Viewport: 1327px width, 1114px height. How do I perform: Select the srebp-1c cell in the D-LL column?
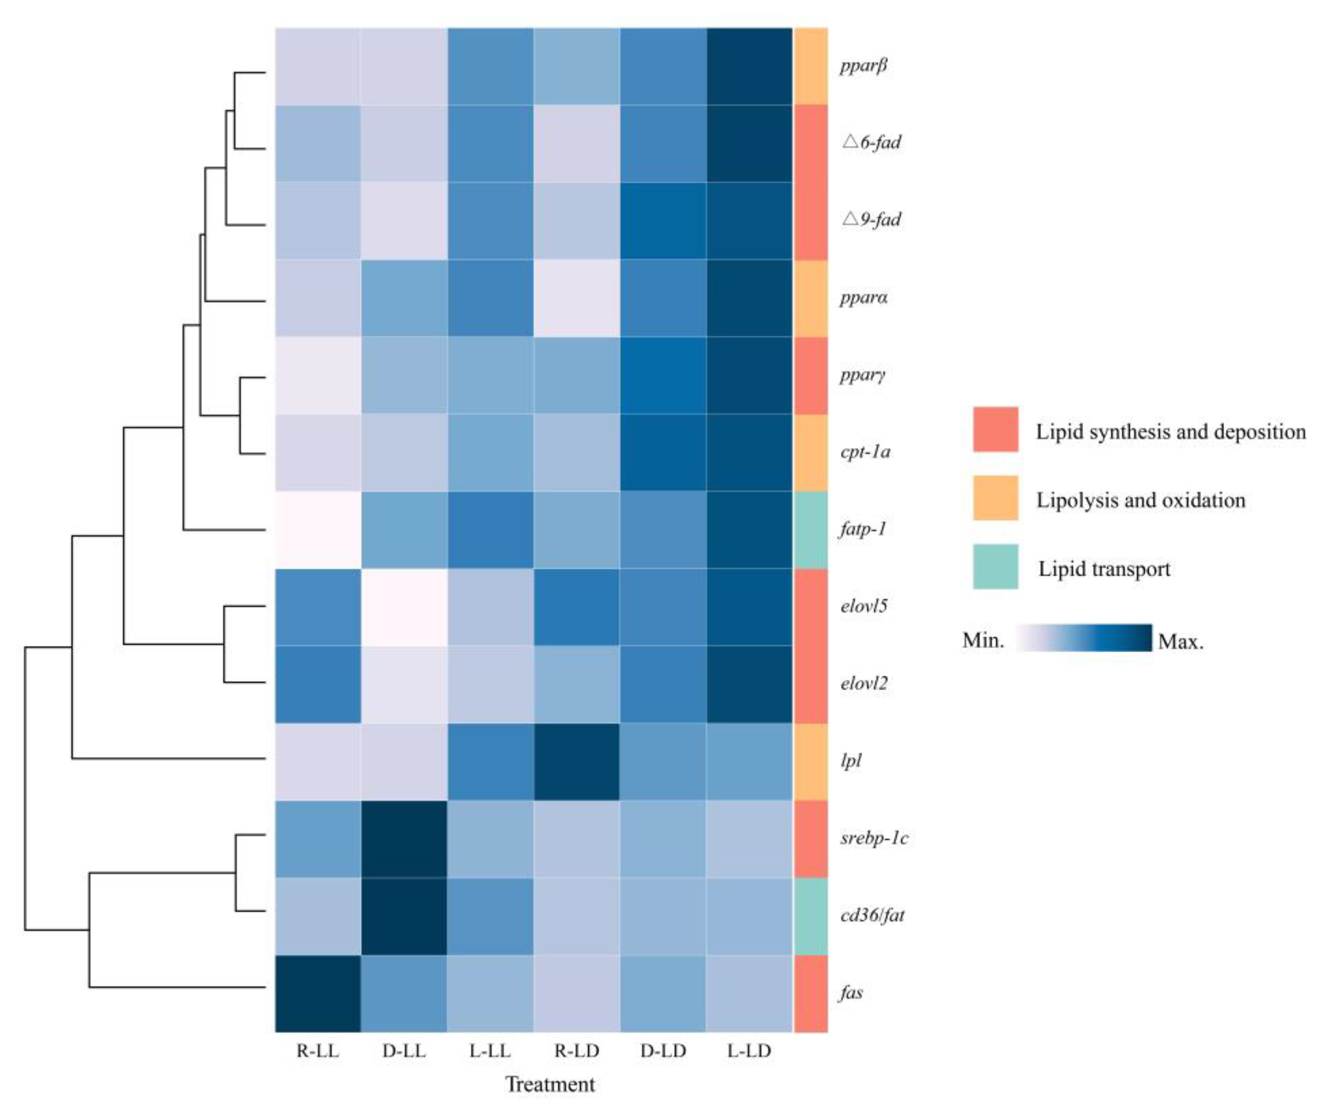[405, 839]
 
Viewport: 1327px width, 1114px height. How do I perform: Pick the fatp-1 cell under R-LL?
[318, 529]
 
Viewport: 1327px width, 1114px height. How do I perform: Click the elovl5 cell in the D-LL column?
[405, 607]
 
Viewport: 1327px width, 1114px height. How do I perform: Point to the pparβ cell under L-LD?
[750, 66]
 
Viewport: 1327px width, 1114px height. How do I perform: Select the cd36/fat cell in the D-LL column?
[405, 915]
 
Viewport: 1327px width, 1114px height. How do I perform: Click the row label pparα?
[863, 297]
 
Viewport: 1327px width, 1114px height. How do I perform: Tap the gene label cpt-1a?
[865, 452]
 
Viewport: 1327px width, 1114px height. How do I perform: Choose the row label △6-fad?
[871, 142]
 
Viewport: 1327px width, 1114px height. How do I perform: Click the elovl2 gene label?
[864, 684]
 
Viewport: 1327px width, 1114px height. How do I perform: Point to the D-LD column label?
[663, 1051]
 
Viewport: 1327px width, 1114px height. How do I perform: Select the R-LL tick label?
[318, 1051]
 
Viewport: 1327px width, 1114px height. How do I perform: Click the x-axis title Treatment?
[550, 1084]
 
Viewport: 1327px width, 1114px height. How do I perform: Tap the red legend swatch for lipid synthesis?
[995, 430]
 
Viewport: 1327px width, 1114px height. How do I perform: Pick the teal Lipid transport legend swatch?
[995, 567]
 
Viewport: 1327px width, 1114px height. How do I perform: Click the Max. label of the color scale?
[1180, 642]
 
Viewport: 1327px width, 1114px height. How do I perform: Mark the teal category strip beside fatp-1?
[811, 529]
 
